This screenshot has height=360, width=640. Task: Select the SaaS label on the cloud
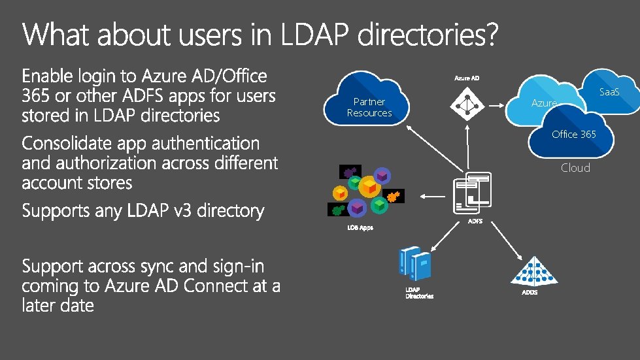609,92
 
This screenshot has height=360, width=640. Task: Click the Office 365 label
573,134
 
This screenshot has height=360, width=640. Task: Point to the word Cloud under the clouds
575,168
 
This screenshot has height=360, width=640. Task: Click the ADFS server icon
472,193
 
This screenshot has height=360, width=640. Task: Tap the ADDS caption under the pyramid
530,292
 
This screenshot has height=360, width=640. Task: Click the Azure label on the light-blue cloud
543,103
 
